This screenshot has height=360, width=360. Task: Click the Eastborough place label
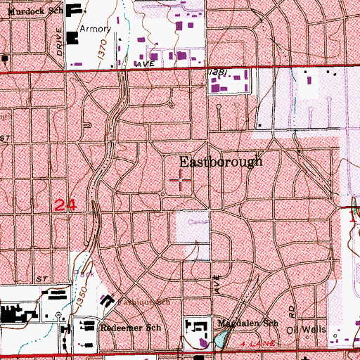coord(220,161)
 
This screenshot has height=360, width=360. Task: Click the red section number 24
coord(65,205)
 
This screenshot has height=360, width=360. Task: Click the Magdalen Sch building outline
coord(196,326)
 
